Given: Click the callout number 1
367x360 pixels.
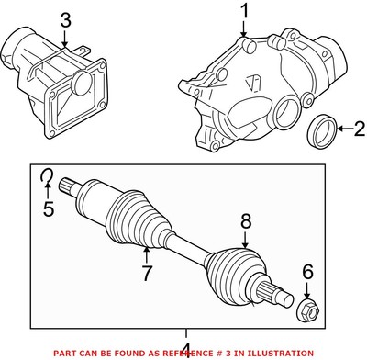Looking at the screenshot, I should click(x=245, y=12).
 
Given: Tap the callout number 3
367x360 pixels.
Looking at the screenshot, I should click(x=65, y=20).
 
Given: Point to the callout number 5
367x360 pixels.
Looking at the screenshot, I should click(x=50, y=208).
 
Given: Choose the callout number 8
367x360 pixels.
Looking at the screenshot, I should click(x=245, y=220).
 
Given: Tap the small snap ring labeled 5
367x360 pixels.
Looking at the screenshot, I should click(x=46, y=177).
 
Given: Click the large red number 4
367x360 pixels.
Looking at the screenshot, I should click(x=186, y=350).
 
